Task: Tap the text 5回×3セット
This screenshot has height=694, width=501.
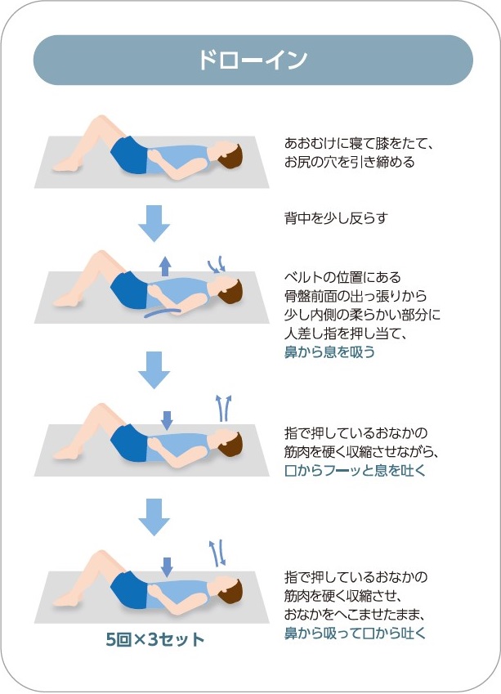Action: pos(155,639)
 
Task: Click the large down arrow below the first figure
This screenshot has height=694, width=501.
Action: pos(153,222)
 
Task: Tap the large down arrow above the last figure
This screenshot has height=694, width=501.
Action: pos(153,517)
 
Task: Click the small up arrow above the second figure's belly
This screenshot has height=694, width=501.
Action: pos(165,264)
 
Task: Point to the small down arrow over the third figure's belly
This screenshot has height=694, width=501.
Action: pos(167,419)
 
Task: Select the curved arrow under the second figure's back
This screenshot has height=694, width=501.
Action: pos(163,310)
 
